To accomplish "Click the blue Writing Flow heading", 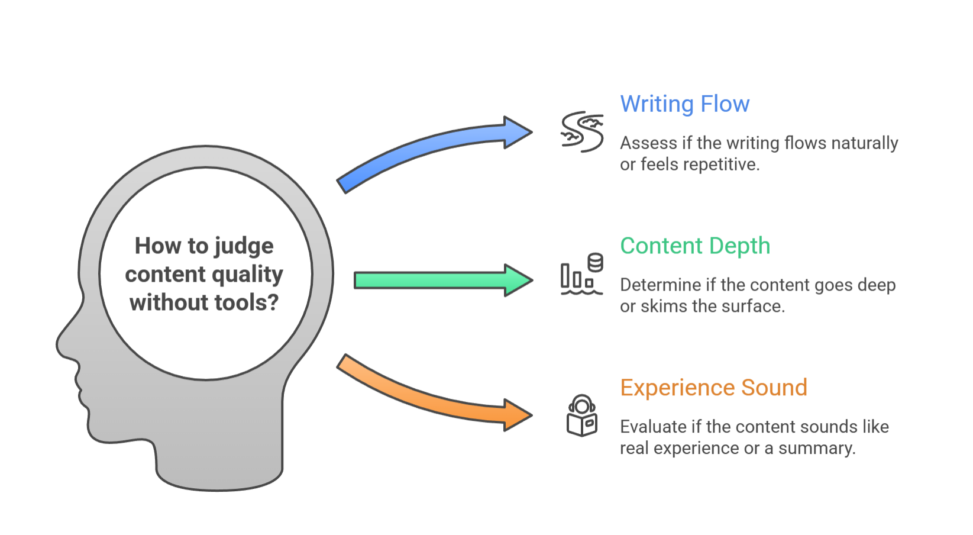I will tap(684, 104).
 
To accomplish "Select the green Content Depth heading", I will tap(695, 246).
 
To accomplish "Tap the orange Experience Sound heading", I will tap(713, 388).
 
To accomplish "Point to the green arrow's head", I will tap(518, 280).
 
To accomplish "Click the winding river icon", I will tap(582, 131).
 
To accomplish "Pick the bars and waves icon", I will tap(581, 274).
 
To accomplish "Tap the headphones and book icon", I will tap(582, 415).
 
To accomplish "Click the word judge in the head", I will tap(244, 246).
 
